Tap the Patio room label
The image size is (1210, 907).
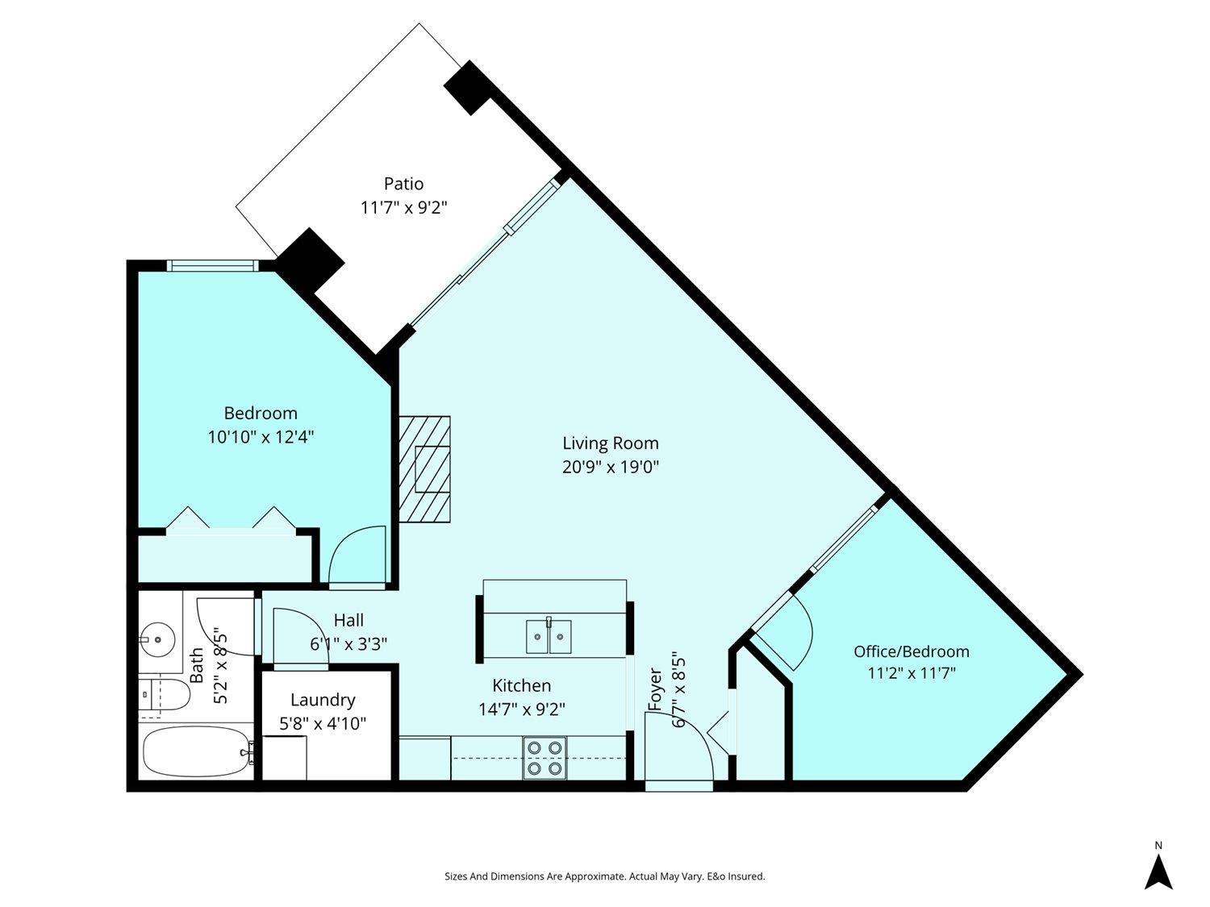[x=403, y=184]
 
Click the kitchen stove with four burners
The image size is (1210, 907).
[x=543, y=758]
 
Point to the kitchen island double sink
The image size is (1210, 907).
[x=549, y=636]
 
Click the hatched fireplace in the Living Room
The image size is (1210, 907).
[x=425, y=469]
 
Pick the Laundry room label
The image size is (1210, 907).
[x=323, y=700]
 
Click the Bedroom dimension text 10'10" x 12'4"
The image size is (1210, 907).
[x=261, y=437]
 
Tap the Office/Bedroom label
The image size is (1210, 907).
[x=912, y=651]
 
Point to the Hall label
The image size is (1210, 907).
[x=348, y=620]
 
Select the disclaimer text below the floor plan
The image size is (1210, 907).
[x=604, y=876]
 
